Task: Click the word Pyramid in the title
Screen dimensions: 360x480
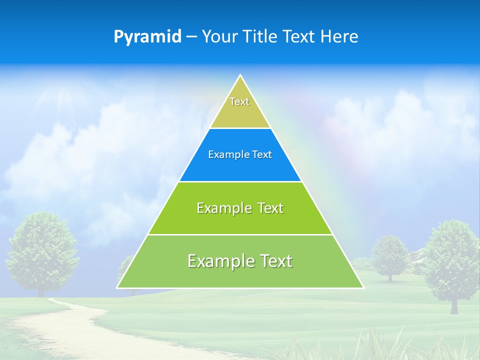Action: point(147,37)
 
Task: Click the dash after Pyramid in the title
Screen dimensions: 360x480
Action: point(191,37)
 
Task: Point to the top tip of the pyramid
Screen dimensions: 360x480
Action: point(240,76)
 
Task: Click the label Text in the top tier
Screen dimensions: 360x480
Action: point(239,101)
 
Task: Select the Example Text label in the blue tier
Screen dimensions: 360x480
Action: point(240,154)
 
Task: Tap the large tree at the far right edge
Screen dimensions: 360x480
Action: point(452,260)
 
